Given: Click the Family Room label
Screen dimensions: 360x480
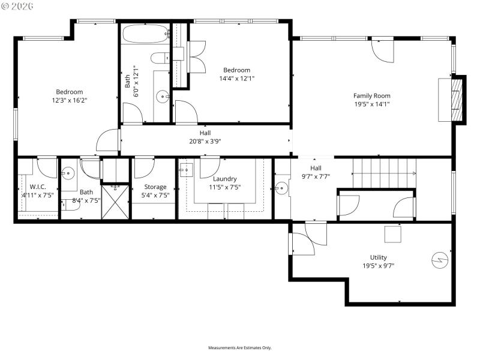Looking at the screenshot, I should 371,95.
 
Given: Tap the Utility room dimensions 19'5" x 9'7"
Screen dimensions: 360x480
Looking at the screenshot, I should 378,265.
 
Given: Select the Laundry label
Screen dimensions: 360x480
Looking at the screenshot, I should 225,178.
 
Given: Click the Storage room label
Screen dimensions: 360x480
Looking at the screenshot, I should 155,187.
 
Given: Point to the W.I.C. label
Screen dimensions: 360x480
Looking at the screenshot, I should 38,187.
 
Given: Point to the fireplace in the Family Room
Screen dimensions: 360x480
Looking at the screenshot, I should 457,100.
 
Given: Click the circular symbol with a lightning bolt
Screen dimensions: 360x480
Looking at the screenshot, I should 439,259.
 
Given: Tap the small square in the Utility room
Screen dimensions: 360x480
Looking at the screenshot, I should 393,233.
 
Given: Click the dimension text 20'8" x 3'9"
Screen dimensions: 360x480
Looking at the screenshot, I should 205,142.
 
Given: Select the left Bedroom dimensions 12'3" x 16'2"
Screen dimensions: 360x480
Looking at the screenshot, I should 69,100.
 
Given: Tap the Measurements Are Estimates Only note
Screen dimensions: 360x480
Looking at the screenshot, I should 239,347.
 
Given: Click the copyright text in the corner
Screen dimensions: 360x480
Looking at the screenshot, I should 17,5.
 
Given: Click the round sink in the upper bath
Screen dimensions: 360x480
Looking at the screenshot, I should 162,95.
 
